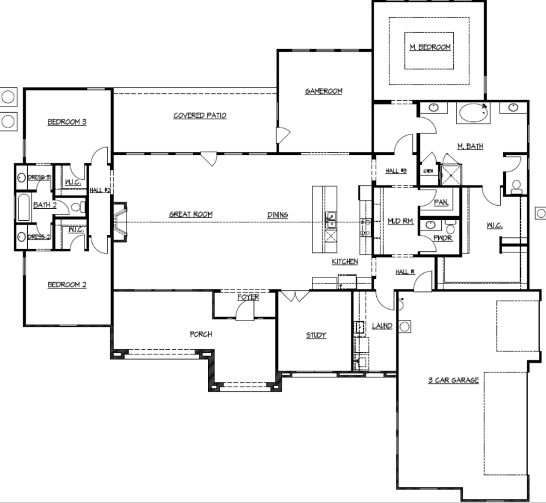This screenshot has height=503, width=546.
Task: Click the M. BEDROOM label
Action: (430, 47)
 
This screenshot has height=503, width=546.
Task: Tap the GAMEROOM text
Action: (323, 91)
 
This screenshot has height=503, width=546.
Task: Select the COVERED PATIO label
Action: (200, 116)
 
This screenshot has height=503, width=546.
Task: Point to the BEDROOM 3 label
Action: (67, 122)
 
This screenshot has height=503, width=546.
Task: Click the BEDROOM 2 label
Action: (67, 285)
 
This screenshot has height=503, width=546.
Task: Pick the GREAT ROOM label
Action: (191, 214)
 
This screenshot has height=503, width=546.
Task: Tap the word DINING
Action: (277, 215)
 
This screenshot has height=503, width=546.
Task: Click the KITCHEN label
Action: (345, 261)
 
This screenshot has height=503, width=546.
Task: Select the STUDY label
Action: (316, 335)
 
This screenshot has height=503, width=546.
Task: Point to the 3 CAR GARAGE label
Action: (453, 380)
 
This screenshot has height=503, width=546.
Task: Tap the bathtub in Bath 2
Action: (23, 208)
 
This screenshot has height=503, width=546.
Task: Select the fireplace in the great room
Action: (120, 222)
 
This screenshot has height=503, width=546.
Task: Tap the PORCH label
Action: (200, 334)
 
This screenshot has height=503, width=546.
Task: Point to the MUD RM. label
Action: (400, 221)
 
